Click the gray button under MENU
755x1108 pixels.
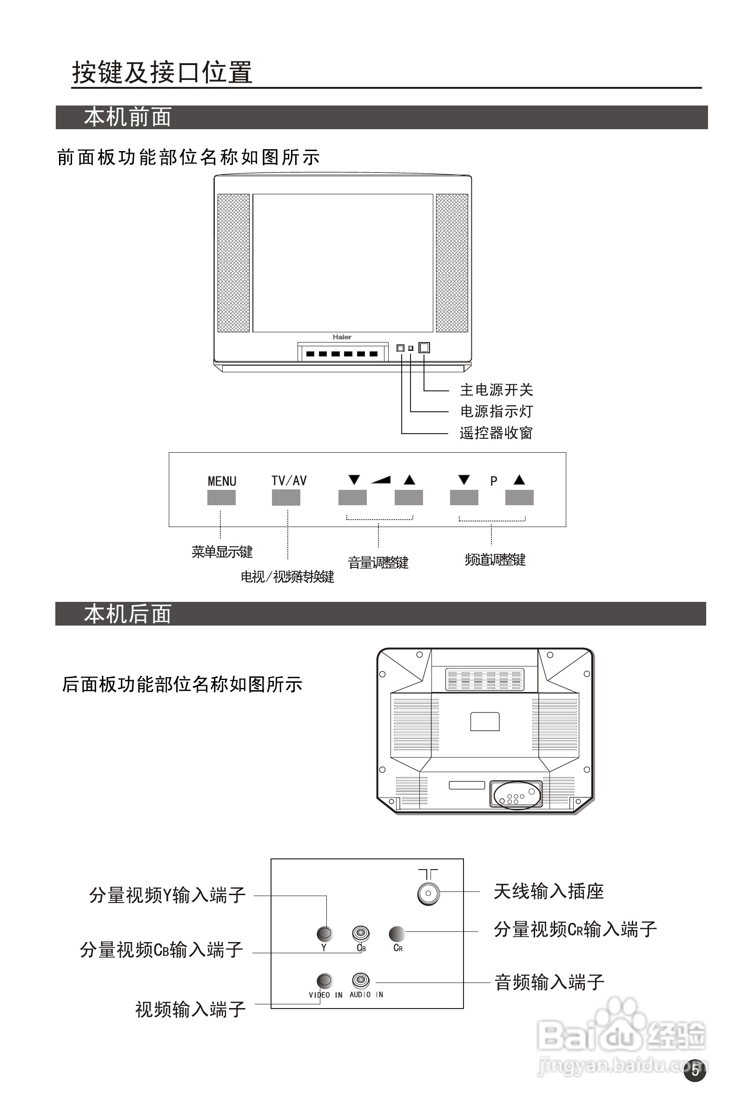pyautogui.click(x=221, y=497)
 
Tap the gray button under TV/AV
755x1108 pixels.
pyautogui.click(x=286, y=497)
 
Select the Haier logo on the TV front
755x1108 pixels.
pyautogui.click(x=342, y=337)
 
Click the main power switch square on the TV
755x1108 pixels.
pyautogui.click(x=424, y=348)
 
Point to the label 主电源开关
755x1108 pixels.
pyautogui.click(x=496, y=390)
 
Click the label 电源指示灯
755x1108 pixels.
pyautogui.click(x=496, y=411)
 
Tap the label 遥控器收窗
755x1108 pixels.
pyautogui.click(x=496, y=433)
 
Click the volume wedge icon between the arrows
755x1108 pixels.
pyautogui.click(x=381, y=480)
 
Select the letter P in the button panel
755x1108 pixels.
pyautogui.click(x=494, y=481)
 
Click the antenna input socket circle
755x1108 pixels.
pyautogui.click(x=428, y=893)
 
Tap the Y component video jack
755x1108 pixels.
pyautogui.click(x=325, y=933)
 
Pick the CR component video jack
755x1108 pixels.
pyautogui.click(x=397, y=933)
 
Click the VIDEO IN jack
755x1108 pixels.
pyautogui.click(x=325, y=980)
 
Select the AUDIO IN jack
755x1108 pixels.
pyautogui.click(x=361, y=980)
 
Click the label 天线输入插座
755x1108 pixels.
pyautogui.click(x=549, y=891)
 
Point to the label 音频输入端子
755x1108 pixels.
pyautogui.click(x=550, y=982)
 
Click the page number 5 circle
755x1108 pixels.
pyautogui.click(x=695, y=1070)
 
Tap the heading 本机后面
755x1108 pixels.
pyautogui.click(x=127, y=613)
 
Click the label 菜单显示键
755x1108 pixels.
pyautogui.click(x=222, y=552)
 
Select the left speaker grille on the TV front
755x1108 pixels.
pyautogui.click(x=234, y=263)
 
